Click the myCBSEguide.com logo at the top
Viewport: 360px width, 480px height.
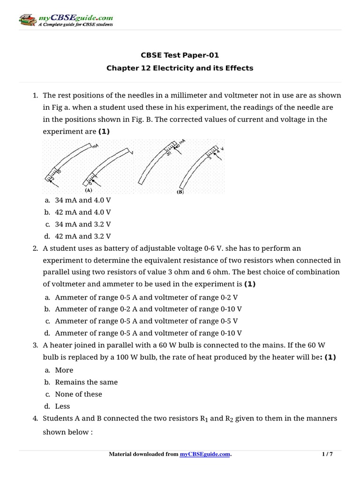66,21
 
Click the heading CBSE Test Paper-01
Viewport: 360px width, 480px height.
180,55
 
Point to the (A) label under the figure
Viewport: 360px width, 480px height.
88,191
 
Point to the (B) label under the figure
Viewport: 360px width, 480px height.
180,192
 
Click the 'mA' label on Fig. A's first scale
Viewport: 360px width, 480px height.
95,147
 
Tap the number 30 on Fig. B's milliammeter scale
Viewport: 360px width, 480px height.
167,153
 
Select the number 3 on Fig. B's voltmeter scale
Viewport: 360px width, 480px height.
210,157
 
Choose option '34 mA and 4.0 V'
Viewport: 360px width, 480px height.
82,200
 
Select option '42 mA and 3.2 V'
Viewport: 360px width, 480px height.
82,236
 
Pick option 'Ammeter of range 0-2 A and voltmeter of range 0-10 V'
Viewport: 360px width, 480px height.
148,309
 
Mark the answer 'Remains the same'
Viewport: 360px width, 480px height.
86,382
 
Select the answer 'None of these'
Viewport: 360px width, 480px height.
78,394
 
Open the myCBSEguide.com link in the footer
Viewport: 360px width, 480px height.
205,454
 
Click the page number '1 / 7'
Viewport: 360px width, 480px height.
327,454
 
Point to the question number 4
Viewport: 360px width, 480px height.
35,418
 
